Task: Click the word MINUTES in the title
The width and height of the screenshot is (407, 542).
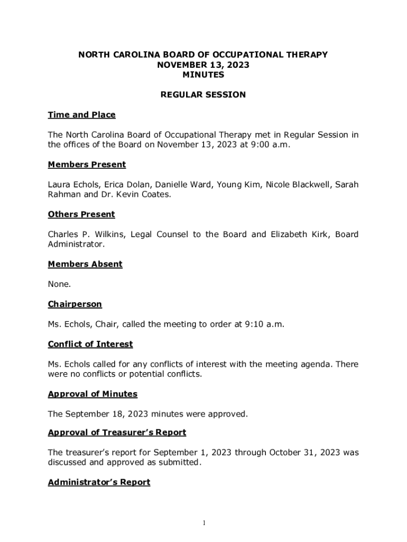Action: [x=203, y=75]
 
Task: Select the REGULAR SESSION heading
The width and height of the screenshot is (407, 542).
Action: [x=203, y=95]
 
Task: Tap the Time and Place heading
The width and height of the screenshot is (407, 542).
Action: [x=81, y=115]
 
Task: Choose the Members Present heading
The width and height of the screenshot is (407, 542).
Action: [x=87, y=165]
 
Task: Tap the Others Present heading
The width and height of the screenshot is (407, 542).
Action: [x=81, y=214]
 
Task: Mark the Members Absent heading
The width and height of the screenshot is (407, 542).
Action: [x=85, y=264]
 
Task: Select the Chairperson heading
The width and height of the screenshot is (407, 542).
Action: [x=75, y=304]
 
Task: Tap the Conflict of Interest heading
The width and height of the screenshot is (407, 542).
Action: [x=90, y=344]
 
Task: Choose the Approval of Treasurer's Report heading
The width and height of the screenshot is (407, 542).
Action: [x=117, y=432]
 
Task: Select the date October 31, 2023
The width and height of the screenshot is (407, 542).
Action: [x=301, y=453]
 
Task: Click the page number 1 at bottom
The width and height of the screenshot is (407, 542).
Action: [x=203, y=523]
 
